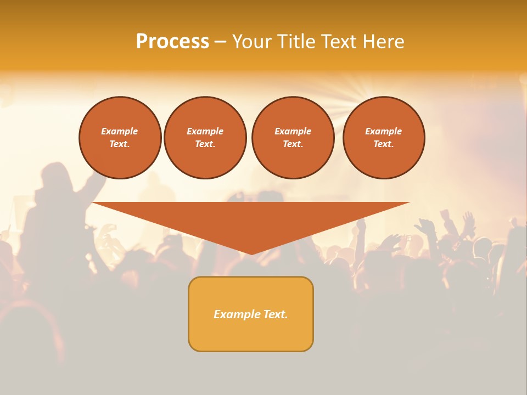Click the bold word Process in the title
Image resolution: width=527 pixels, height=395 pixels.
pos(172,42)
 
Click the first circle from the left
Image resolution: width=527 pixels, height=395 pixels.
pos(120,138)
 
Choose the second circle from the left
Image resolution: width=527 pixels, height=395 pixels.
pos(205,138)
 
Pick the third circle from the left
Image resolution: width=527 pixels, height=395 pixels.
pos(293,138)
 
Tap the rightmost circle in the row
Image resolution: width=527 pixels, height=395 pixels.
pos(384,138)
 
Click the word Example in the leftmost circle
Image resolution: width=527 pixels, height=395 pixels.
pos(120,131)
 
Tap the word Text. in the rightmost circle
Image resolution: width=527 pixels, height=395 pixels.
pos(384,144)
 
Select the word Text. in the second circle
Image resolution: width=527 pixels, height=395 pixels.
pos(205,144)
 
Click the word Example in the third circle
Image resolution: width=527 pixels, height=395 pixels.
pos(293,131)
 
